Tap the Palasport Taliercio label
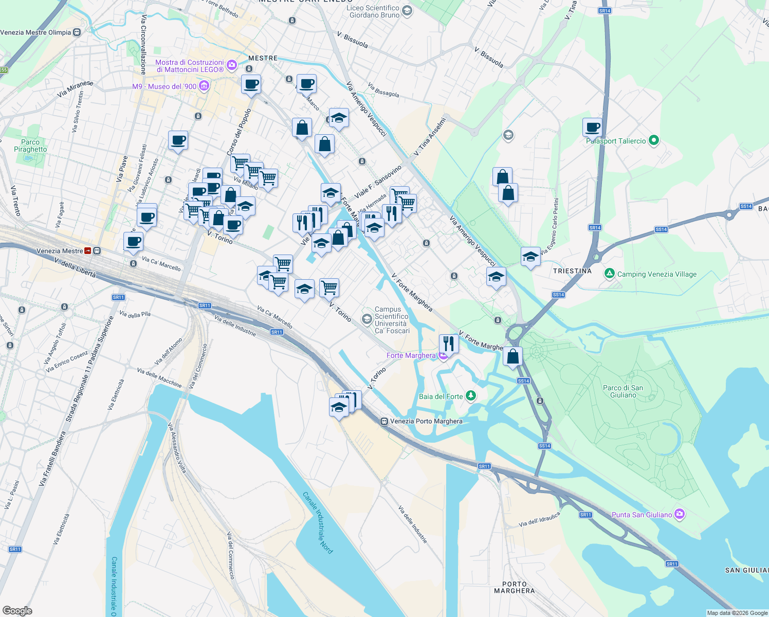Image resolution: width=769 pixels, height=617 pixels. click(x=616, y=141)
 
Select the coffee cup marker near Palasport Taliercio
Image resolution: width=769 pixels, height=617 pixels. click(x=592, y=127)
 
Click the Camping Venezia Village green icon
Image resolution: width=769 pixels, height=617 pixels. click(x=609, y=274)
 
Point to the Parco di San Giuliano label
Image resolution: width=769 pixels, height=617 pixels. click(x=623, y=392)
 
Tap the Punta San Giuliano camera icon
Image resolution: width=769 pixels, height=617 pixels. click(x=680, y=514)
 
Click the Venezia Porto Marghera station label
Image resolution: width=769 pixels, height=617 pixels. click(x=426, y=421)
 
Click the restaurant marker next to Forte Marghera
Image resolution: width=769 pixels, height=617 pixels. click(x=449, y=343)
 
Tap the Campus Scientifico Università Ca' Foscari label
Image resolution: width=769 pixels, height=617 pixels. click(x=392, y=320)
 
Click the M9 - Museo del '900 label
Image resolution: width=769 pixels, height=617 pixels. click(x=164, y=86)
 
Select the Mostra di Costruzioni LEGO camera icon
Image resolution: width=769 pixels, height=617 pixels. click(x=231, y=65)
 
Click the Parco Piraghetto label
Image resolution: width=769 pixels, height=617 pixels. click(x=30, y=146)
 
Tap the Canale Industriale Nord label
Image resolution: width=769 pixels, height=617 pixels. click(x=318, y=522)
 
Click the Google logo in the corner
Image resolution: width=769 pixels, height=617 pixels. click(x=17, y=610)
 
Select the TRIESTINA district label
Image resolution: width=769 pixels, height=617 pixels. click(x=572, y=271)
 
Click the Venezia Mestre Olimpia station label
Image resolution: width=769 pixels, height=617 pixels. click(x=35, y=32)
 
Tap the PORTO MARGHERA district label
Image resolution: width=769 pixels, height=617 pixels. click(x=514, y=587)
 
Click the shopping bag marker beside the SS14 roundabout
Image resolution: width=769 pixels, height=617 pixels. click(x=512, y=356)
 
